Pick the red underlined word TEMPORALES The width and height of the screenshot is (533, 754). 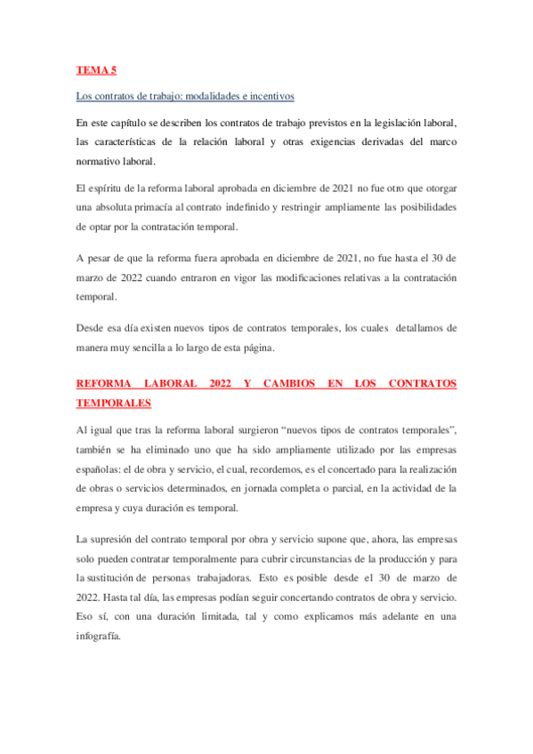tap(114, 403)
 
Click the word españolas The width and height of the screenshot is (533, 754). tap(99, 469)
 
